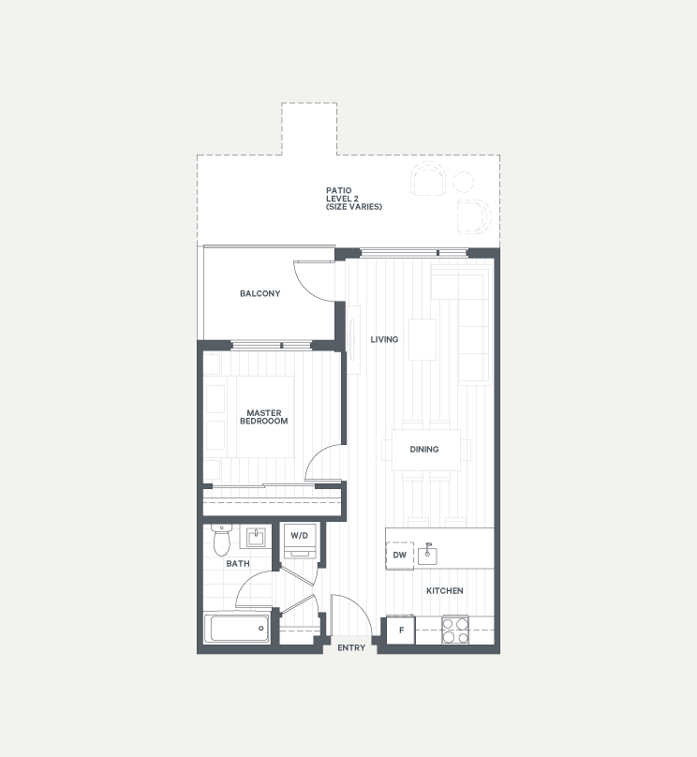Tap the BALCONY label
coord(260,293)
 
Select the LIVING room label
coord(384,339)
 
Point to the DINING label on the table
coord(424,449)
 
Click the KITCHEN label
coord(445,590)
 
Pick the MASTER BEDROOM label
coord(264,417)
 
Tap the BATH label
coord(238,563)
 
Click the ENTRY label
coord(351,648)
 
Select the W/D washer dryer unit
coord(299,541)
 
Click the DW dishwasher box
coord(400,556)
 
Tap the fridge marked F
coord(401,630)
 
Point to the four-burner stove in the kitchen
coord(455,630)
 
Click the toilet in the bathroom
coord(221,541)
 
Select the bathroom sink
coord(256,538)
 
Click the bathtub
coord(236,629)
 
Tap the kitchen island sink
coord(427,555)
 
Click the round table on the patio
coord(464,182)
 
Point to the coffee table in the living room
coord(423,339)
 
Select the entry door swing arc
coord(359,606)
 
